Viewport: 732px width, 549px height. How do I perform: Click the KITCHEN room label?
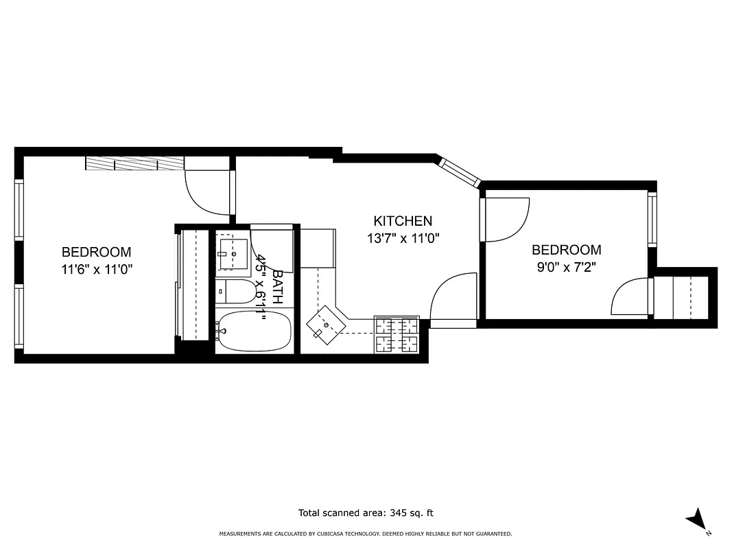click(x=403, y=221)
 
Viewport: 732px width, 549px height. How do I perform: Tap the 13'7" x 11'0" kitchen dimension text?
click(x=403, y=239)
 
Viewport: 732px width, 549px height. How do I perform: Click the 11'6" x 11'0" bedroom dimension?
click(x=96, y=270)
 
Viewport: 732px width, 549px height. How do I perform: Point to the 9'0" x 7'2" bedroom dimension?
click(x=566, y=268)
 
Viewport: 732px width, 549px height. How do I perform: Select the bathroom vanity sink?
click(x=233, y=254)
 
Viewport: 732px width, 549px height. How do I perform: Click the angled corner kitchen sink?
click(x=326, y=323)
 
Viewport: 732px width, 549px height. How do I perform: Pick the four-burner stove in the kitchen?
click(x=397, y=334)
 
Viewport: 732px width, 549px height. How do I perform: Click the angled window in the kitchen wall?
click(x=459, y=172)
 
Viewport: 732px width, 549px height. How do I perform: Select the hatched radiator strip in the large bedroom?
click(x=134, y=163)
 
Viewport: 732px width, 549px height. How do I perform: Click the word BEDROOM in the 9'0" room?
click(x=566, y=250)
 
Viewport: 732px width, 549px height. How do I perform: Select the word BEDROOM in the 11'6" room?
click(x=96, y=252)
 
